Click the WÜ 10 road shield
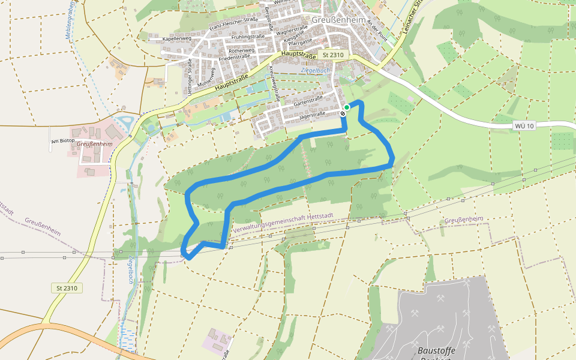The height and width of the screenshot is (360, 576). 524,125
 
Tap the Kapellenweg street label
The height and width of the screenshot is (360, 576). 176,39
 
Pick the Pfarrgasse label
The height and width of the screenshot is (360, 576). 298,43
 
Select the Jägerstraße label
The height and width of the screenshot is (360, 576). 313,113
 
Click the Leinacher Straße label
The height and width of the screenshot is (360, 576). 413,24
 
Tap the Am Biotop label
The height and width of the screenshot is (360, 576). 62,142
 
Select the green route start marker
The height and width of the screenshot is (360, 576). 347,107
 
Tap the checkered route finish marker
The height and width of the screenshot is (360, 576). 343,113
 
